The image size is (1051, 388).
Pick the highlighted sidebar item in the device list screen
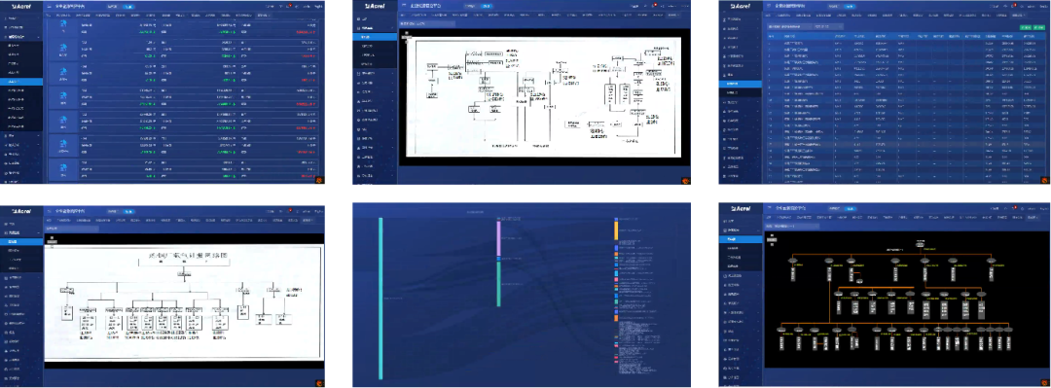click(x=21, y=82)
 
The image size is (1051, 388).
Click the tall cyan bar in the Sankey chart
click(x=381, y=310)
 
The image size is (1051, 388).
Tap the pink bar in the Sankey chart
click(x=498, y=238)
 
